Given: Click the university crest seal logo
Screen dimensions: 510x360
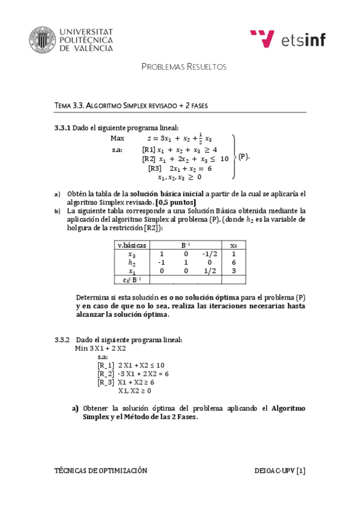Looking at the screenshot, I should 43,39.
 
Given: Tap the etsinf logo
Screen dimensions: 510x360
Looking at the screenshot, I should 287,39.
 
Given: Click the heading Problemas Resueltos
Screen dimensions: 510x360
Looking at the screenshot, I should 183,67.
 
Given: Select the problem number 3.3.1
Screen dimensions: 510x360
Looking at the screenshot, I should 63,127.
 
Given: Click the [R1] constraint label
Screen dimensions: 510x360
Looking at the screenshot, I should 149,149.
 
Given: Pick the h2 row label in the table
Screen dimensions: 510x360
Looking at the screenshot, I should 131,263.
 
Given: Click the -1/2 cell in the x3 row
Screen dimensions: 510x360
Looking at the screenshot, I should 208,254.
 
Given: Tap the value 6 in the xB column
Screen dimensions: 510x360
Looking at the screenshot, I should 234,263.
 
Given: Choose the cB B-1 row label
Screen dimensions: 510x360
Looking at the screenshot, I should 131,280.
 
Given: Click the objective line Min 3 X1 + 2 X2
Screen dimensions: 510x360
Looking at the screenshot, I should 100,348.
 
